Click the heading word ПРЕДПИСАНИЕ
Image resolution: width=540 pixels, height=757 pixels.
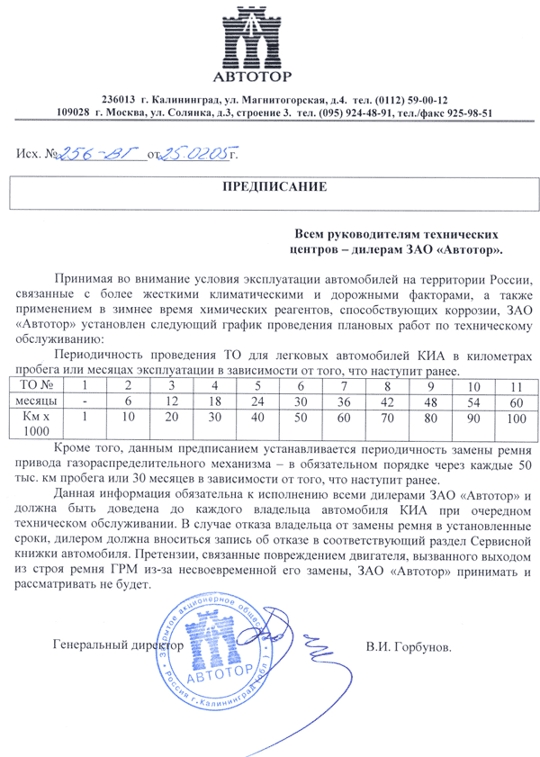[x=270, y=187]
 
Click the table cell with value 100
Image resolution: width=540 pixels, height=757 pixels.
[x=516, y=419]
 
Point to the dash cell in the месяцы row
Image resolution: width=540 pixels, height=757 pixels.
[x=85, y=401]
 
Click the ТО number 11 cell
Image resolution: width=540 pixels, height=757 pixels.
[x=516, y=385]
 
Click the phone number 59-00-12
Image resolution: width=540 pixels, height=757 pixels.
[x=426, y=99]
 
